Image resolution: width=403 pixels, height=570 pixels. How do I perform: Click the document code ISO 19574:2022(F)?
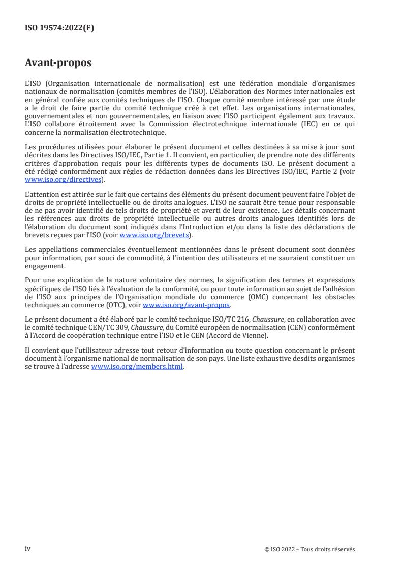tap(59, 28)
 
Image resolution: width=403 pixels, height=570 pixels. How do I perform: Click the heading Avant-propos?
tap(58, 64)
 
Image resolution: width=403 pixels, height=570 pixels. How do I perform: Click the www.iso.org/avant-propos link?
tap(187, 305)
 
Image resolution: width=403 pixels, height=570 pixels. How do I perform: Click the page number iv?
tap(28, 548)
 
